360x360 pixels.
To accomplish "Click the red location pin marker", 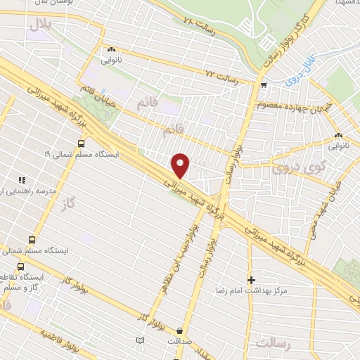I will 181,165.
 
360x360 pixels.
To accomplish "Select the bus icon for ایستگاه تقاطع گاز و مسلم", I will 20,266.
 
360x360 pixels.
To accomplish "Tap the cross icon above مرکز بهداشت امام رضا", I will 251,279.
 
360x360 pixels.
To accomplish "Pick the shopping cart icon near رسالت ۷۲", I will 264,85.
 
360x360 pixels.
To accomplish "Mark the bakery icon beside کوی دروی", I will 339,135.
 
